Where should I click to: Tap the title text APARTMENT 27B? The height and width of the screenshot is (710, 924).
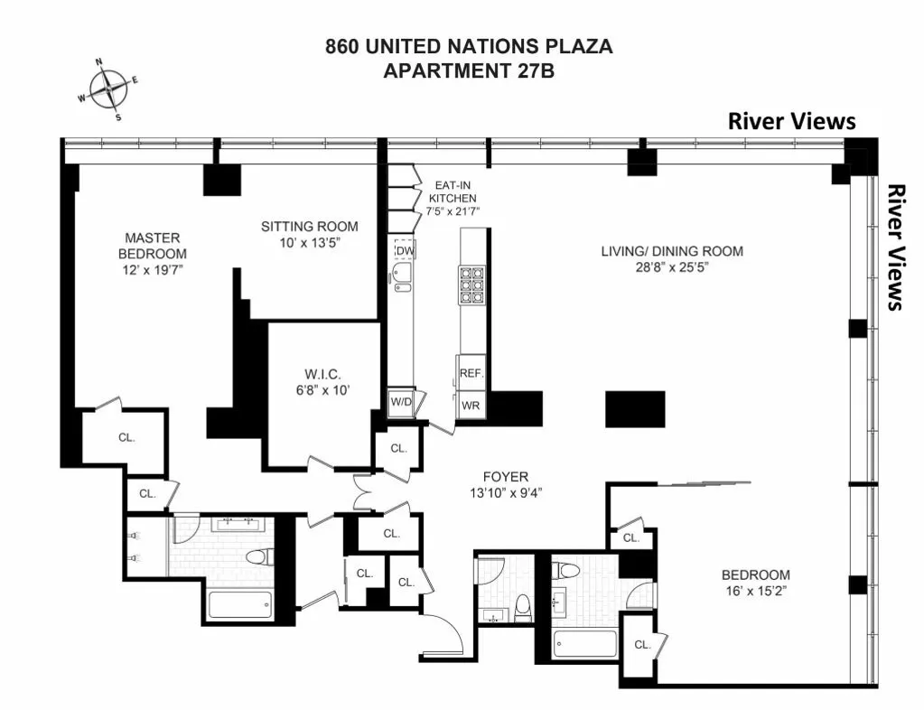click(469, 71)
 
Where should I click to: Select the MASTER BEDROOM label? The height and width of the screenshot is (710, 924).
click(155, 245)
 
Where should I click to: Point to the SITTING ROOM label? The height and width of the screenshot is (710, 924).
click(309, 226)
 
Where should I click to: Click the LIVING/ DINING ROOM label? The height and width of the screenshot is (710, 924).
click(672, 250)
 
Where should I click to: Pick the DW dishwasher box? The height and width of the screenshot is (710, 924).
click(405, 250)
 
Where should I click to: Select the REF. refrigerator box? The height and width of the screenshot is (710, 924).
click(471, 372)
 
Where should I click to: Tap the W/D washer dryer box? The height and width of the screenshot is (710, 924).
click(401, 402)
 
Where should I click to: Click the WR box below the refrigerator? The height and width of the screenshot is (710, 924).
click(471, 406)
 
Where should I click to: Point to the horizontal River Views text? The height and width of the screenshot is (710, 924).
click(791, 122)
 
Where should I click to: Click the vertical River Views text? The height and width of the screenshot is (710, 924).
click(895, 248)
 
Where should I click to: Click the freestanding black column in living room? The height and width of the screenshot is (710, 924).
click(635, 409)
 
